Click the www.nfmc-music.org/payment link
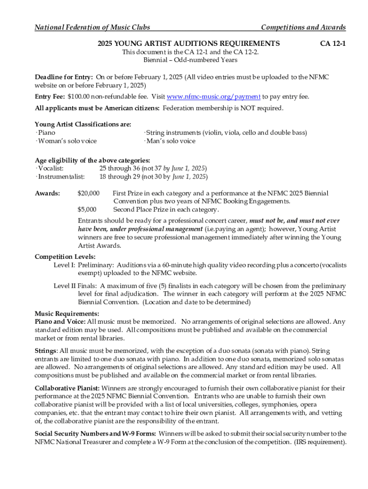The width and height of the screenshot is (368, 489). [x=214, y=96]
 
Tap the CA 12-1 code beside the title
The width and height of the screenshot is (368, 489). [x=333, y=43]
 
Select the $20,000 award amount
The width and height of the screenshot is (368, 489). [x=88, y=193]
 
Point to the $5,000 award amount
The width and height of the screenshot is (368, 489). [x=87, y=209]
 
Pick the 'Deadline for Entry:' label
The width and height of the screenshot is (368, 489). [x=64, y=77]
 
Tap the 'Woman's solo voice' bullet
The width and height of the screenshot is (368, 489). [x=66, y=141]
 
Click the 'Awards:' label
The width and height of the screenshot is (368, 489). [x=47, y=193]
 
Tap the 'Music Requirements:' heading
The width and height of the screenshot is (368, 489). [x=67, y=314]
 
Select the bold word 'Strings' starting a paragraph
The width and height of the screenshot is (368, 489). [x=46, y=351]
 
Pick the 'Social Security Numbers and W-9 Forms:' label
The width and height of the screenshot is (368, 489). [x=95, y=434]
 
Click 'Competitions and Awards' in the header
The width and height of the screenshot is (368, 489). [x=303, y=27]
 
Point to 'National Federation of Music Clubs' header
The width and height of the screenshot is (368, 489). [x=92, y=27]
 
